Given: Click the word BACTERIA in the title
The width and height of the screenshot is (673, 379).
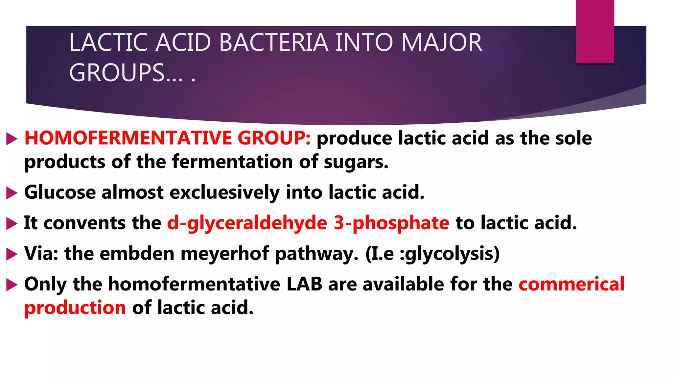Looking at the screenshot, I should (273, 43).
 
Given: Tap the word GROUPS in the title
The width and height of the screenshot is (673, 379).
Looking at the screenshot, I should (117, 73).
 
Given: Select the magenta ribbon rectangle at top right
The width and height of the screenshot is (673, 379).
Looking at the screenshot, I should (595, 32).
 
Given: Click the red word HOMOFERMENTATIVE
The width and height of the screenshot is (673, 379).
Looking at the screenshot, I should (128, 138).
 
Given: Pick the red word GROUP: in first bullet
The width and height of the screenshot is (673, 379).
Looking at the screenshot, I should (274, 138).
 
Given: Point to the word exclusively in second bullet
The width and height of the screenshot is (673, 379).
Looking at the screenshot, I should (224, 192).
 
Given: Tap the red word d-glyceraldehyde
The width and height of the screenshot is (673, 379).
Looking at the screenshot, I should (247, 223).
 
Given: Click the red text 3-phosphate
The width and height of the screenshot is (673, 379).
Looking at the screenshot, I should (391, 223).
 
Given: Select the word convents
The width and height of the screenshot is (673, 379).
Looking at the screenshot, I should (84, 223).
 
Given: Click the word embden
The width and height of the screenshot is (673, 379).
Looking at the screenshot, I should (137, 254).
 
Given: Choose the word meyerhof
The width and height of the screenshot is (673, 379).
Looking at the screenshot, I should (225, 254).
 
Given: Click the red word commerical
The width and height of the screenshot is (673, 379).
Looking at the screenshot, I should (571, 284).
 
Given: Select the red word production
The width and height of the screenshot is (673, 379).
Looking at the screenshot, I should (75, 308).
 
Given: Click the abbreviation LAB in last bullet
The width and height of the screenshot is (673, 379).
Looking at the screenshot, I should (304, 284).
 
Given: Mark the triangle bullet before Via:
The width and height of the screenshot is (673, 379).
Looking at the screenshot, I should (12, 254).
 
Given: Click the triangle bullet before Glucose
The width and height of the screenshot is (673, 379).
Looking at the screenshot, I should (12, 193).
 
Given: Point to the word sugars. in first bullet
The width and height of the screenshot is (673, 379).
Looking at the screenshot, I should (356, 162).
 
